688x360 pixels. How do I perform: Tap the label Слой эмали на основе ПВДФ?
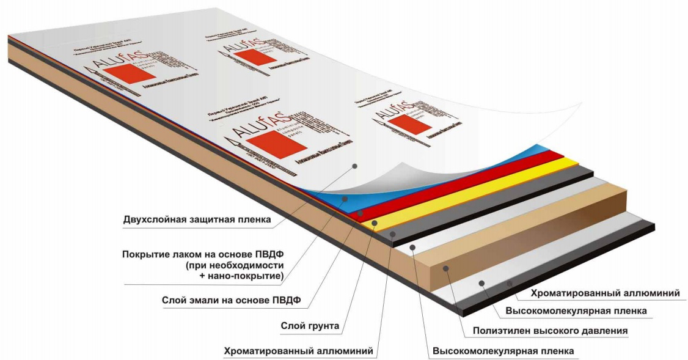234,300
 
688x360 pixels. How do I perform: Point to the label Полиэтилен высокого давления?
550,331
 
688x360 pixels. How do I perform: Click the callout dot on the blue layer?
345,199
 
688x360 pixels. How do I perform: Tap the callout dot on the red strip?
360,213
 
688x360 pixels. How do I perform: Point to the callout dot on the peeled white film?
354,165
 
